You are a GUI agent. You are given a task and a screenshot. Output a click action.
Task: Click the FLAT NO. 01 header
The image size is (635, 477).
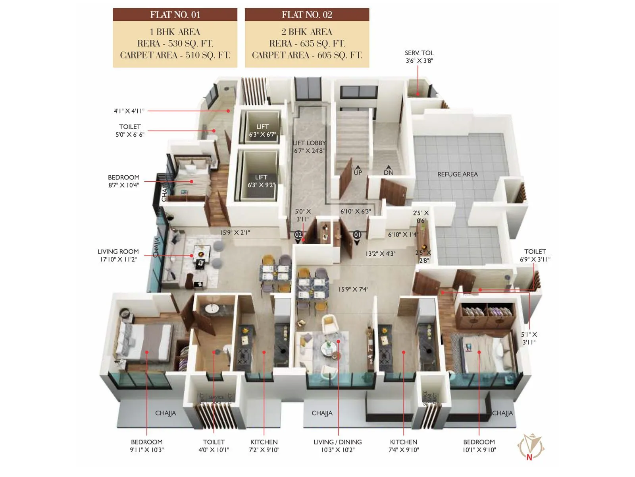(x=175, y=15)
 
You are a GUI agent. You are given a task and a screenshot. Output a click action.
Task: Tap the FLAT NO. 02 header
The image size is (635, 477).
(x=307, y=15)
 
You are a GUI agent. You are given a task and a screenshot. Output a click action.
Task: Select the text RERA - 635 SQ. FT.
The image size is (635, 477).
(x=307, y=43)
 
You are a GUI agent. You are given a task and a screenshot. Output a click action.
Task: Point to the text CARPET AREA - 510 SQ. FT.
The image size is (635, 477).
(x=175, y=55)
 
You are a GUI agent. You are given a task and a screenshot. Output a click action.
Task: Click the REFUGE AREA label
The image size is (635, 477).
(x=457, y=174)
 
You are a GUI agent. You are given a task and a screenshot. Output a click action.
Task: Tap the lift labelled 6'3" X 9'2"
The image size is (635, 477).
(x=261, y=181)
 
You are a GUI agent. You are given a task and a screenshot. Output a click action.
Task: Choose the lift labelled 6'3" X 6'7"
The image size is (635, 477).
(x=262, y=130)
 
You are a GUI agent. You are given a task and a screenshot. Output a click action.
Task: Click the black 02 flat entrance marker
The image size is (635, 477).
(x=298, y=235)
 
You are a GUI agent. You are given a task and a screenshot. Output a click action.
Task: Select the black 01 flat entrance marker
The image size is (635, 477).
(x=357, y=235)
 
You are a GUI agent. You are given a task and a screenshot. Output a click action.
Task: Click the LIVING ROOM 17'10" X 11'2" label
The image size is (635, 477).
(x=118, y=255)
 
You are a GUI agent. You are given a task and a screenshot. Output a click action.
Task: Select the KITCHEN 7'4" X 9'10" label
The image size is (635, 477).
(x=404, y=446)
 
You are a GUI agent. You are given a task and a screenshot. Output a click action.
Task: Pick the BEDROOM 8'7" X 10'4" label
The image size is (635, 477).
(x=123, y=181)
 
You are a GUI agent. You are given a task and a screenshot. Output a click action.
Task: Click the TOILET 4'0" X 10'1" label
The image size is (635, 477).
(x=214, y=446)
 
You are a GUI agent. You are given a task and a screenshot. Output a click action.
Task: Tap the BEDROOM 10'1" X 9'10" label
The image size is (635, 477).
(x=479, y=446)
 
